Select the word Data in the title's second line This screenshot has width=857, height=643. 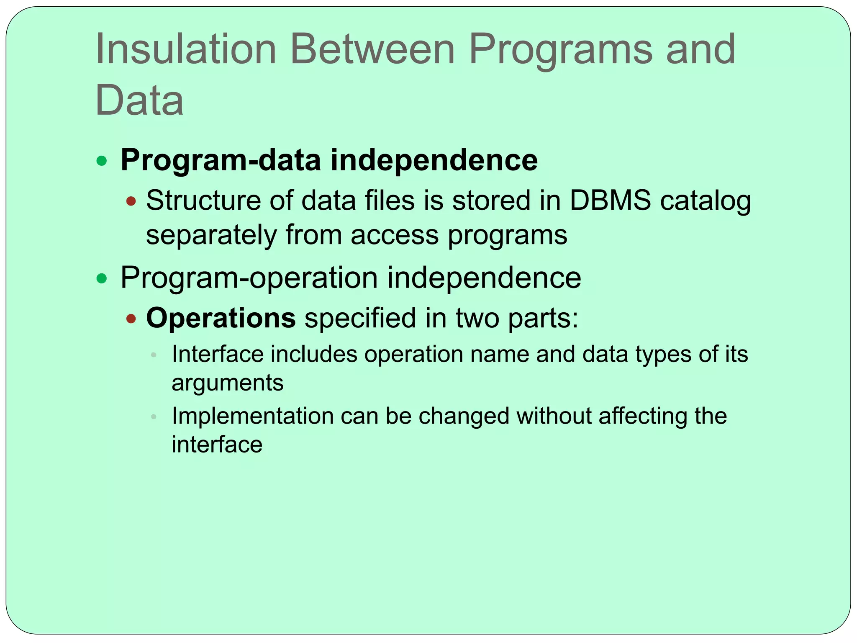tap(139, 100)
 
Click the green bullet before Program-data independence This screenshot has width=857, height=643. tap(102, 161)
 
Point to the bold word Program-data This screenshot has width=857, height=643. tap(221, 161)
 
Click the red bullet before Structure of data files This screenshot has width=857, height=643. tap(131, 201)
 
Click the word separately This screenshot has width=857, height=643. tap(211, 235)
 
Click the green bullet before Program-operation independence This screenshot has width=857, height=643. tap(102, 278)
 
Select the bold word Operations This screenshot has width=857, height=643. tap(221, 318)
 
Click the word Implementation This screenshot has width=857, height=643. tap(252, 417)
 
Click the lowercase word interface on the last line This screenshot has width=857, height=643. tap(217, 445)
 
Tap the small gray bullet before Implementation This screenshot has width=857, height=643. tap(154, 417)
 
